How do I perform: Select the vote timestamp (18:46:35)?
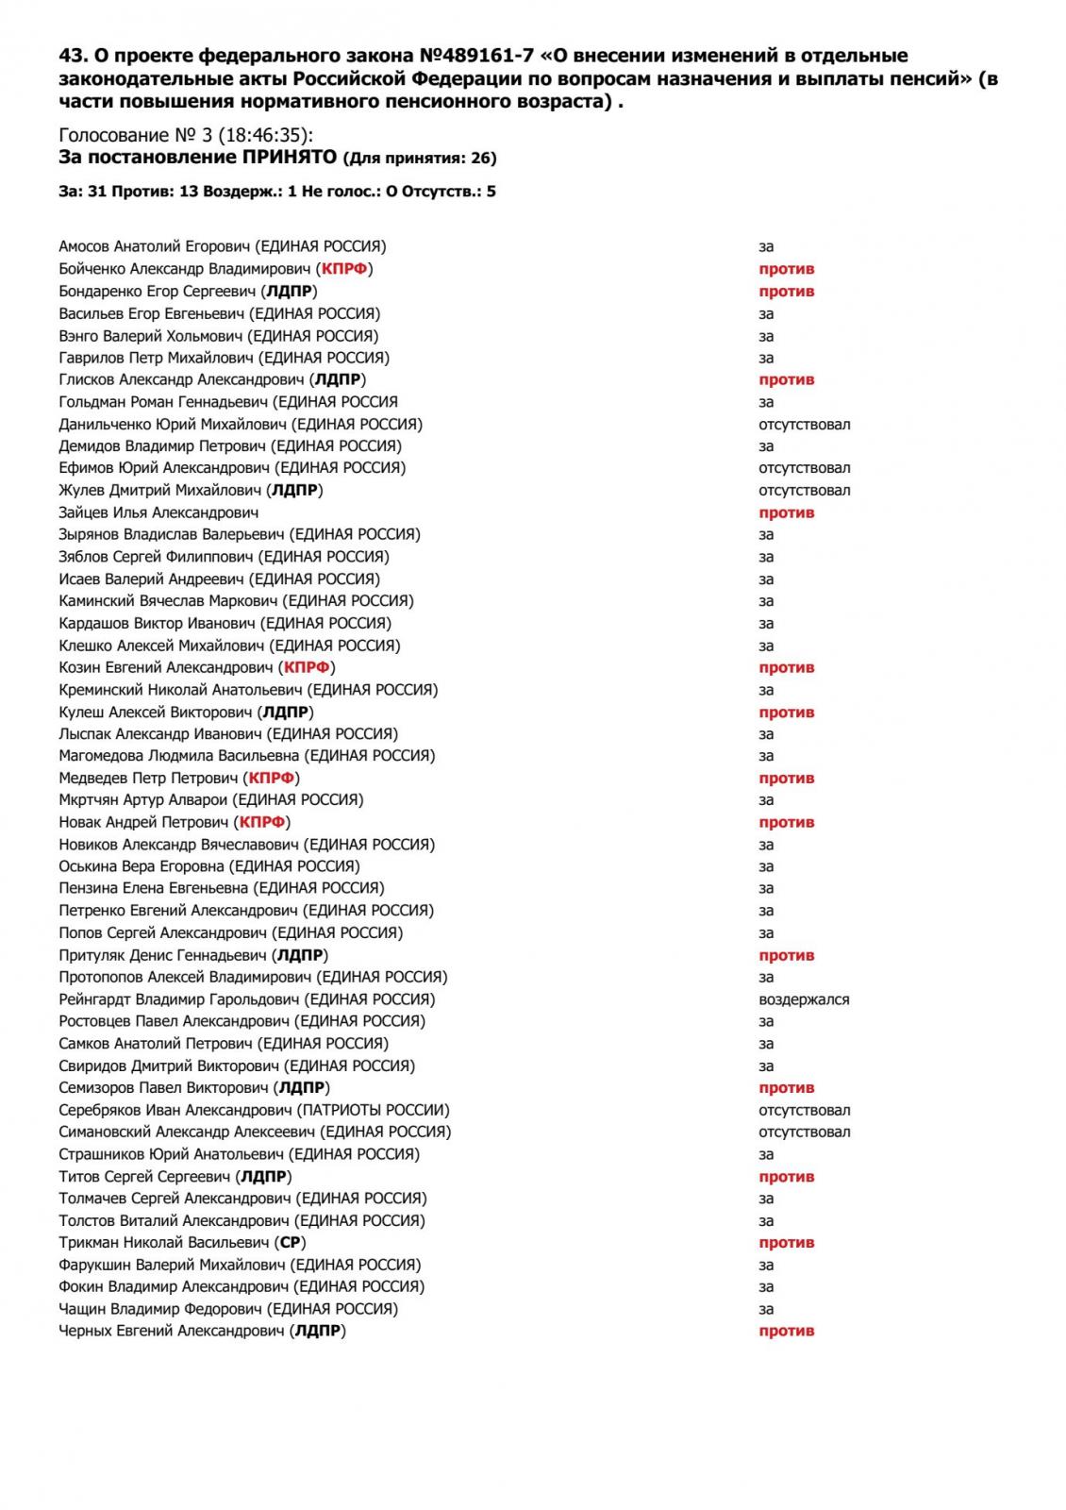click(x=260, y=135)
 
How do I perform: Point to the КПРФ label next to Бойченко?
click(x=344, y=269)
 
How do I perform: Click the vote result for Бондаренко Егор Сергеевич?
click(x=786, y=292)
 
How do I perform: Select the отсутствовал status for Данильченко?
click(x=804, y=424)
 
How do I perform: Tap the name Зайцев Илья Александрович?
click(x=158, y=512)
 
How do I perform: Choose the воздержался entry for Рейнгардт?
click(x=804, y=999)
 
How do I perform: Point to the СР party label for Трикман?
click(x=291, y=1242)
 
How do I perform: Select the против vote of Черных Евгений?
click(x=786, y=1331)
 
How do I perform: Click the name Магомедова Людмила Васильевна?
click(x=178, y=755)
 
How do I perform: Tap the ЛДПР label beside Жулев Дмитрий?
click(x=296, y=490)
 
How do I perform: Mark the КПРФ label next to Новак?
click(x=262, y=822)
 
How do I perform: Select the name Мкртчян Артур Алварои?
click(x=143, y=799)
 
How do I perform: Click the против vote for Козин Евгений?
click(x=786, y=667)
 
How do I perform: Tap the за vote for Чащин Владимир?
click(x=766, y=1309)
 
